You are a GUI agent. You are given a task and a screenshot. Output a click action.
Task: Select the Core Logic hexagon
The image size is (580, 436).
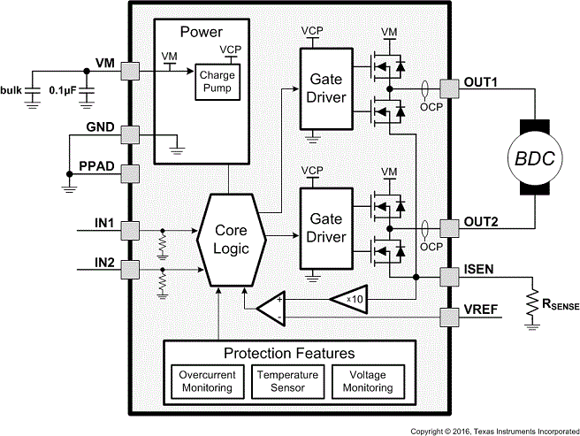[227, 238]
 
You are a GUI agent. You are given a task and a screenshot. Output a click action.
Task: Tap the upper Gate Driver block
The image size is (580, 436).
[325, 86]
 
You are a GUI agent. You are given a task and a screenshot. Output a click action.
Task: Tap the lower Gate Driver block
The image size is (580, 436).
[325, 228]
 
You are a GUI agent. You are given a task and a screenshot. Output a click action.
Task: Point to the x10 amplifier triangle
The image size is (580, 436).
[351, 299]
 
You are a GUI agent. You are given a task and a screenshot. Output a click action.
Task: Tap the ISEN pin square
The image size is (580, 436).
[447, 277]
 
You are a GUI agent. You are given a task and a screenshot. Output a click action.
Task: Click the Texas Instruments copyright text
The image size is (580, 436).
[494, 431]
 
